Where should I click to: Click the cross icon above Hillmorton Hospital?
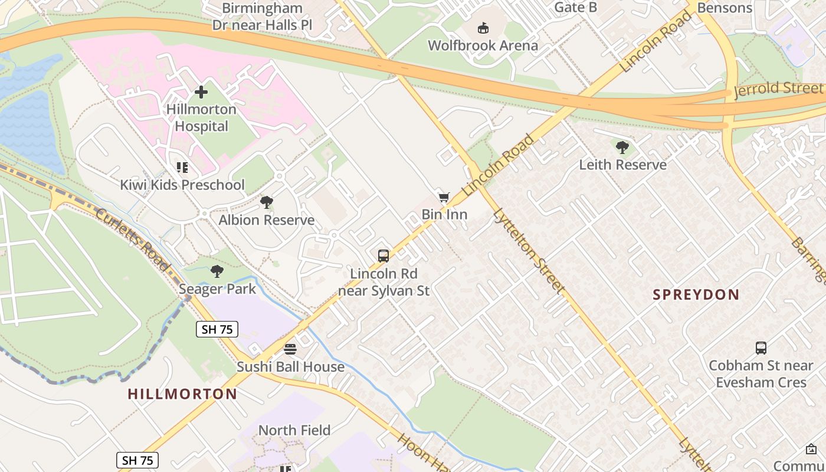201,92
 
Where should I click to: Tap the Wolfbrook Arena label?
483,45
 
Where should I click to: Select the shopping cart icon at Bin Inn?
444,198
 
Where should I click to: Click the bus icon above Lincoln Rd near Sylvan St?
383,256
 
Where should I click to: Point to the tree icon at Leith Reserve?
622,147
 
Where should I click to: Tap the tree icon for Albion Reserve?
267,203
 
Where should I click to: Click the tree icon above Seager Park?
217,271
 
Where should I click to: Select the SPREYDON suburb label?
696,294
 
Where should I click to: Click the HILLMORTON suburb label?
182,394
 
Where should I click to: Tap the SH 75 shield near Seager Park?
217,329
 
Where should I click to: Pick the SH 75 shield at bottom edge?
137,460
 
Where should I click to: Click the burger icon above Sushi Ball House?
290,349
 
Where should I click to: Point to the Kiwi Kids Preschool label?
182,185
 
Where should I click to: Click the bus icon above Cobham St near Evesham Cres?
761,348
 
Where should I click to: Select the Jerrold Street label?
778,90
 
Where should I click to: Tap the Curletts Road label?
133,240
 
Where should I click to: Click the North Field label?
294,430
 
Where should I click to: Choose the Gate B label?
576,7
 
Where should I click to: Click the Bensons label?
725,8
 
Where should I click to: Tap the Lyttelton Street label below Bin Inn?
529,251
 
